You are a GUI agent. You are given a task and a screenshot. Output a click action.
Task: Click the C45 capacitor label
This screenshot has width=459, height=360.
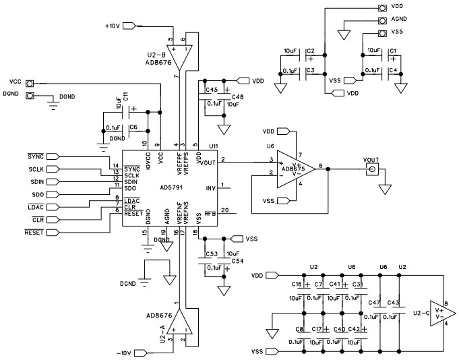211,89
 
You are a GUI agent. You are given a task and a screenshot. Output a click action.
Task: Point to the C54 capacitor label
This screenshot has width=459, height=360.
237,260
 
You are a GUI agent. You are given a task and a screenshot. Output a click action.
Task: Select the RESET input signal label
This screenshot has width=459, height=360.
34,232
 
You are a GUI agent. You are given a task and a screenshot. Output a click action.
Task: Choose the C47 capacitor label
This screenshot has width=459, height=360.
375,302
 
